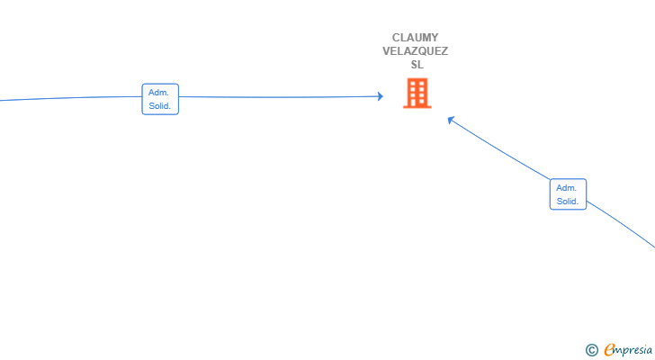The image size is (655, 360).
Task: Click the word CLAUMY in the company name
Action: [x=416, y=38]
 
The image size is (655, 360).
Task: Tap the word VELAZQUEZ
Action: [x=416, y=51]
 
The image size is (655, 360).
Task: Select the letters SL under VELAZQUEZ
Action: [x=417, y=65]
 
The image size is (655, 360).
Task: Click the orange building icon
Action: [x=417, y=93]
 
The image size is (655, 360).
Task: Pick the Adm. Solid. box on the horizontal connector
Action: [x=160, y=99]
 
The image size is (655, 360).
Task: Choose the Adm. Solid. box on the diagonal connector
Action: [x=568, y=194]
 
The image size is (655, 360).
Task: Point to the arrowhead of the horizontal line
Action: [x=380, y=96]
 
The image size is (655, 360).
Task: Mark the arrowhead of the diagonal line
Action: [x=451, y=120]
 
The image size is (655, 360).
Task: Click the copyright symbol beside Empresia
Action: [x=591, y=350]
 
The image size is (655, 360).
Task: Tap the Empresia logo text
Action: [x=628, y=349]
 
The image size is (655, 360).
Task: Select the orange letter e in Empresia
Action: [x=609, y=349]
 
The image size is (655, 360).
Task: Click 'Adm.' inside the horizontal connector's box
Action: [x=158, y=93]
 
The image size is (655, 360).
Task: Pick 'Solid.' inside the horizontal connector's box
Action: [x=159, y=106]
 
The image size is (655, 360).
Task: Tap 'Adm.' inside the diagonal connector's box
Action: [x=566, y=188]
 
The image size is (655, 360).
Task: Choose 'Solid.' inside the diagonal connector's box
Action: [x=567, y=202]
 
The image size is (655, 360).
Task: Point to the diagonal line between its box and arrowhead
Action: [x=499, y=149]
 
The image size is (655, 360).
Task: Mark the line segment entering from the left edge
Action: [x=71, y=98]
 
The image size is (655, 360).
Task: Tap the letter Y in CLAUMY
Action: [x=435, y=38]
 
